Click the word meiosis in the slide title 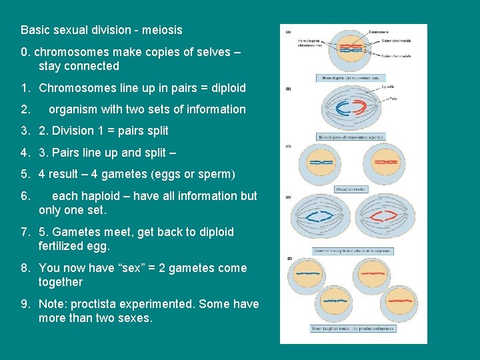click(x=163, y=30)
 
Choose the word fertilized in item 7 click(x=63, y=246)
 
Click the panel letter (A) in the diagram click(x=288, y=31)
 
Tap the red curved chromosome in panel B click(x=361, y=108)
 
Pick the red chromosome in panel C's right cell click(x=387, y=163)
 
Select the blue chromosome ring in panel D click(x=324, y=217)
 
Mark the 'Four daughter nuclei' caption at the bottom click(x=353, y=328)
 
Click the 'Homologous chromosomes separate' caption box click(x=351, y=137)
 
